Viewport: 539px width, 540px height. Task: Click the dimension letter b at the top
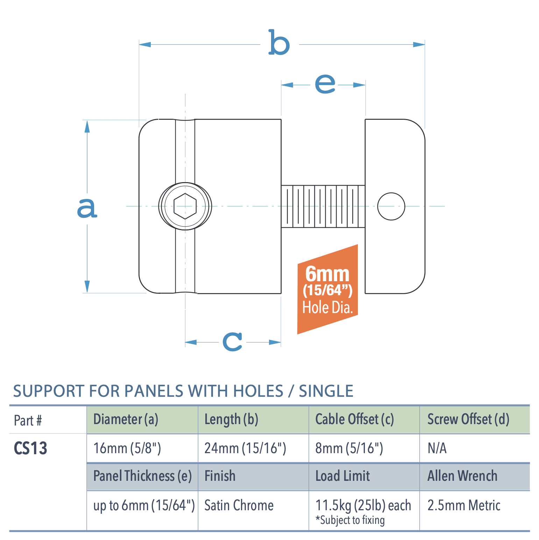coord(279,43)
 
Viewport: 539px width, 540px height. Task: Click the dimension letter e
coord(325,84)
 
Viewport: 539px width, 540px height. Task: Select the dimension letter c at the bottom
coord(233,341)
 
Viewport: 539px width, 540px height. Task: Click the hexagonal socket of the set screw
coord(185,206)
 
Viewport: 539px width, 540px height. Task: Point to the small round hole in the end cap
coord(391,206)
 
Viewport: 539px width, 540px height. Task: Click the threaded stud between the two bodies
coord(323,206)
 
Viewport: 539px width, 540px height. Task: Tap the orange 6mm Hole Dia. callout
coord(327,289)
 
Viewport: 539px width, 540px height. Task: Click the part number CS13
coord(30,448)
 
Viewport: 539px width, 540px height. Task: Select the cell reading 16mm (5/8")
coord(127,448)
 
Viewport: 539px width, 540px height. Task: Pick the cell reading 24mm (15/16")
coord(245,448)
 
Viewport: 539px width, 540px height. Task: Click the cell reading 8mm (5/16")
coord(349,448)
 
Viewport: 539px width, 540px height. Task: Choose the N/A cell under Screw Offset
coord(437,448)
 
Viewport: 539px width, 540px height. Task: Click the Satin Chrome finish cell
coord(239,505)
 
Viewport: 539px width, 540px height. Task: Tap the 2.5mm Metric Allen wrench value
coord(464,505)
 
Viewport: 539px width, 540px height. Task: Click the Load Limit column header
coord(342,476)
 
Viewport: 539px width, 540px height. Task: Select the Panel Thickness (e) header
coord(142,476)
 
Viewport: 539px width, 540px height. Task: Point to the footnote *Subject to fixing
coord(350,520)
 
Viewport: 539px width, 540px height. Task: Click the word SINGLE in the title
coord(326,391)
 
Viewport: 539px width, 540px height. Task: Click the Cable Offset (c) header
coord(355,419)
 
